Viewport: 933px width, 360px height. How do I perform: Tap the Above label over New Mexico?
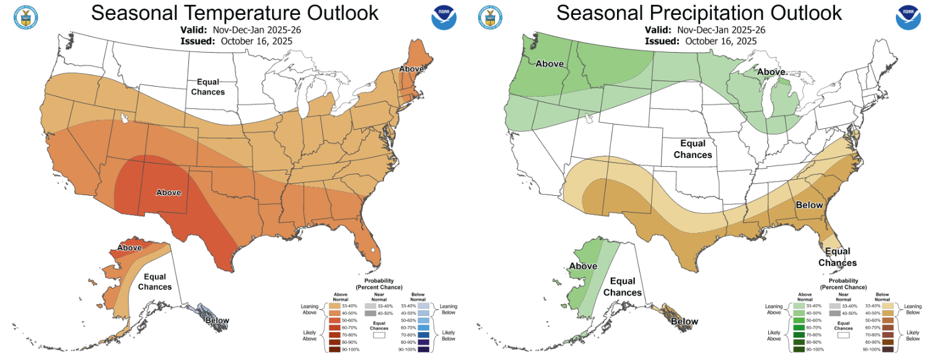point(168,193)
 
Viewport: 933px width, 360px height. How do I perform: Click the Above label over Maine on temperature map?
point(411,68)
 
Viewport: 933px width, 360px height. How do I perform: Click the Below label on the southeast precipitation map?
point(809,205)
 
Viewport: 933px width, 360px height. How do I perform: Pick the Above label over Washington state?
point(549,63)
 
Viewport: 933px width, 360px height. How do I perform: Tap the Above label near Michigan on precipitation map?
point(771,72)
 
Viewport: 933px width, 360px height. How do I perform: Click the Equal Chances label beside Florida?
point(838,257)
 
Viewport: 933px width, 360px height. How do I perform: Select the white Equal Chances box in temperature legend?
point(379,335)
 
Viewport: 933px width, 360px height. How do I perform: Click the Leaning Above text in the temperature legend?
point(309,309)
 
